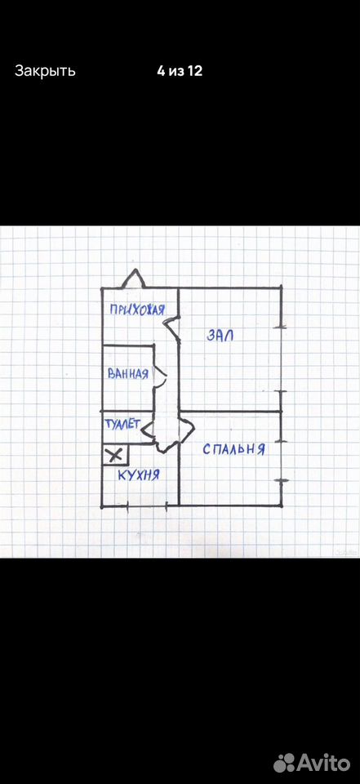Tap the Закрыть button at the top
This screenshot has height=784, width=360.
45,71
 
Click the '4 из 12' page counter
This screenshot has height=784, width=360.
180,71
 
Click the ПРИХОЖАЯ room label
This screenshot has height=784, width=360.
137,310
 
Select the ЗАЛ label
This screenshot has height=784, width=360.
220,336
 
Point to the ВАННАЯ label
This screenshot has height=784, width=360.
128,373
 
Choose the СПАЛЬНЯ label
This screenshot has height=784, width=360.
233,449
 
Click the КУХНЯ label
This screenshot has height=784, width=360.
139,474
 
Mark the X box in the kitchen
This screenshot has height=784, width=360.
115,455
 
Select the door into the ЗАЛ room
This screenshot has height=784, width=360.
172,327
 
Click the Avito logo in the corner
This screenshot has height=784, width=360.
312,763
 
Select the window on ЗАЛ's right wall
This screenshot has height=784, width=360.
281,359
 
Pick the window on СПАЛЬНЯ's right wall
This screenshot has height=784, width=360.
281,461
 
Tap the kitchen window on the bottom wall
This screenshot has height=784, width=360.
146,506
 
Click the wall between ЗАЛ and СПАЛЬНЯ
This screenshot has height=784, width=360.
230,411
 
